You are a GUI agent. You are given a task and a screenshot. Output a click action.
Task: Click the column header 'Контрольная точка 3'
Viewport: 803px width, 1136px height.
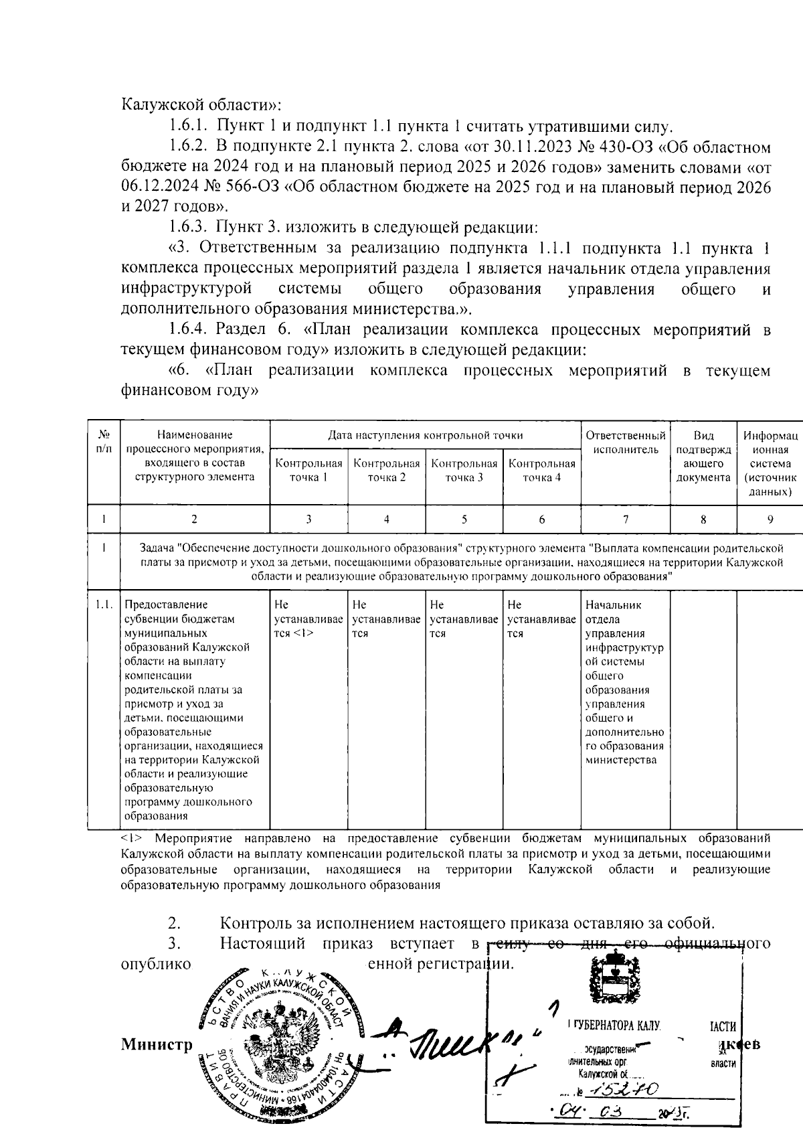[x=464, y=470]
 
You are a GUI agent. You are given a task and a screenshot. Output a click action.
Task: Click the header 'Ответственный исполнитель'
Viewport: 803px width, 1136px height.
[x=625, y=442]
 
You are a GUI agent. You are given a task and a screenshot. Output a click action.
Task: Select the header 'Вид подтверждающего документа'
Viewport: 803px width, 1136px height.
[x=703, y=457]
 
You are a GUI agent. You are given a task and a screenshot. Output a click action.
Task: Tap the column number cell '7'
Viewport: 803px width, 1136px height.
[x=625, y=519]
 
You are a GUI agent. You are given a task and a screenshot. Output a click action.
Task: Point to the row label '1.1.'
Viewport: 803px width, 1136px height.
[x=103, y=604]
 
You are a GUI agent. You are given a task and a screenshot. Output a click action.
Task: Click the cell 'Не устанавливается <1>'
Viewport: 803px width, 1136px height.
[x=308, y=619]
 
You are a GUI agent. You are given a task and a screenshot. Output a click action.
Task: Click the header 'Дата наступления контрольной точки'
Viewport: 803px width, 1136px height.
[x=425, y=435]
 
